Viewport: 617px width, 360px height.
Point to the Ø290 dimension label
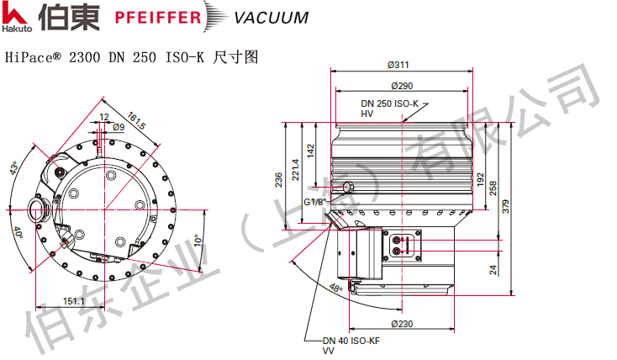(401, 86)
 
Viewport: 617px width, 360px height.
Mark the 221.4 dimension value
(294, 168)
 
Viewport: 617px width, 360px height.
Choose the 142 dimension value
(309, 151)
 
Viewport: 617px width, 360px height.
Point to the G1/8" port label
(315, 203)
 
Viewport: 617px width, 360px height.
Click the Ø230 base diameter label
(402, 324)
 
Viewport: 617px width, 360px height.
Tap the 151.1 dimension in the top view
(73, 300)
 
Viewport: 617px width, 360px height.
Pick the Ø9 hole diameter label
(119, 127)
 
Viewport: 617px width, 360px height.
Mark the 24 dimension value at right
(493, 270)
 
